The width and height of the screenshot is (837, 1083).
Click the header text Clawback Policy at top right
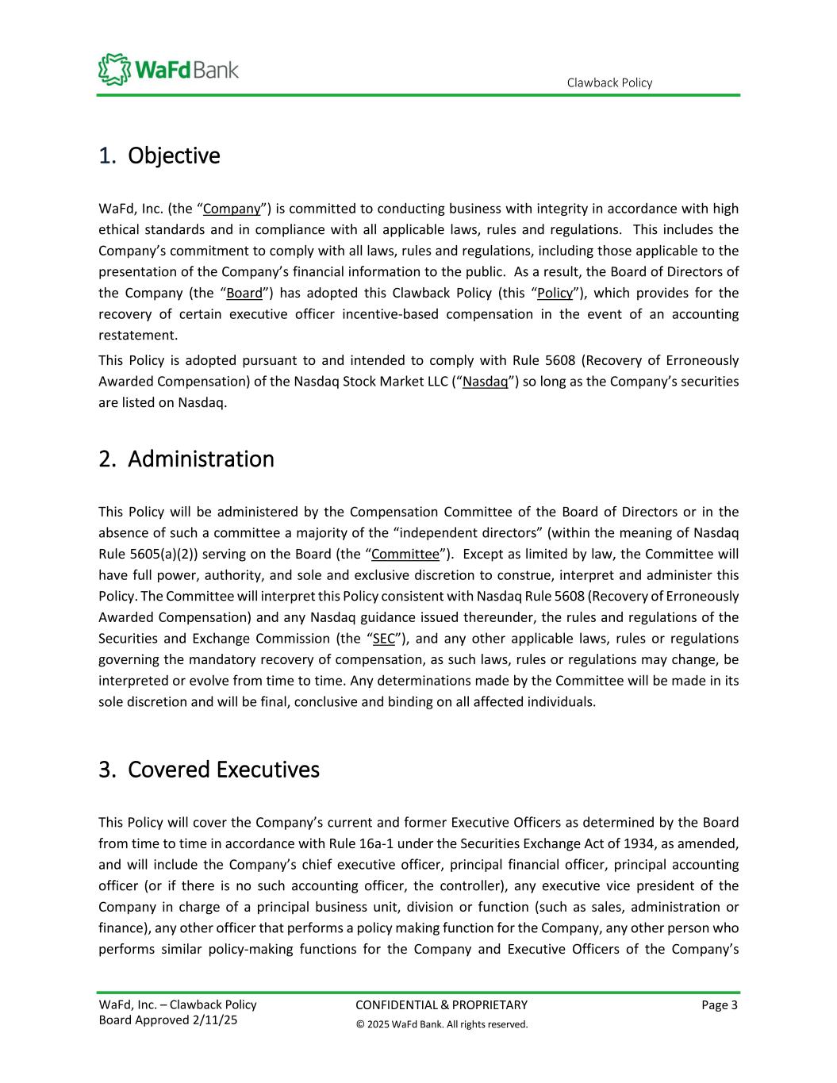(609, 83)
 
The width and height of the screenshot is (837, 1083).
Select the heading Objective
(173, 156)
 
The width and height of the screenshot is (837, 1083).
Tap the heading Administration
(200, 459)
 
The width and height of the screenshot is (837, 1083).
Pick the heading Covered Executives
(223, 770)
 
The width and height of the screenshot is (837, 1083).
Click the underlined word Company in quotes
(232, 209)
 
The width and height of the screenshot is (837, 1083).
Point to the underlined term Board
(244, 293)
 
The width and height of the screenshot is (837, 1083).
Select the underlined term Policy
(555, 293)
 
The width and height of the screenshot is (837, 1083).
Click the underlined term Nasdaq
(486, 382)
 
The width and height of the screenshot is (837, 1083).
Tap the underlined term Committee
(405, 554)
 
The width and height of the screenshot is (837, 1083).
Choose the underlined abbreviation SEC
(383, 639)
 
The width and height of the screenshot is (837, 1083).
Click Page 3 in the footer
(720, 1005)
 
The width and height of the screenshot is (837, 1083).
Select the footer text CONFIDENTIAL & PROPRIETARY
(441, 1005)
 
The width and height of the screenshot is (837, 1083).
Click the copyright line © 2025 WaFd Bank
(441, 1024)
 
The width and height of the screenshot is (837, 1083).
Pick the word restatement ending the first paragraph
(137, 335)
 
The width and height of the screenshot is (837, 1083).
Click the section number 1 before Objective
(104, 156)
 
